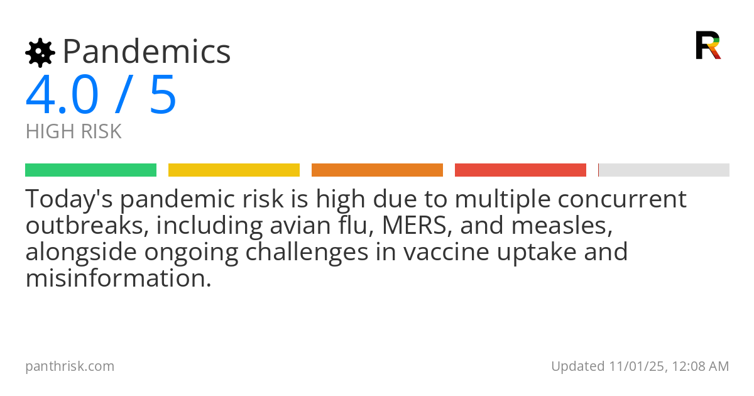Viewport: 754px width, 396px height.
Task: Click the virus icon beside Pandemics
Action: coord(40,53)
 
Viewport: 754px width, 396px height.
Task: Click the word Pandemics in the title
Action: coord(147,52)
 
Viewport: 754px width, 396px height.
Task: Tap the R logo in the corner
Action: coord(708,45)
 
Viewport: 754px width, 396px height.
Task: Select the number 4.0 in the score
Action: coord(62,96)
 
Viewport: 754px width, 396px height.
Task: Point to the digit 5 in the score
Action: coord(163,96)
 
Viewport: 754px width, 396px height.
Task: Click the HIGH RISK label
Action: coord(74,132)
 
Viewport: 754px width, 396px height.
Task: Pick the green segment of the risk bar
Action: coord(90,170)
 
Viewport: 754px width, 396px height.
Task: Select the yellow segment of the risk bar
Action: coord(234,170)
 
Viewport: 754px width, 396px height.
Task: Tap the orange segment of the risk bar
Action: coord(377,170)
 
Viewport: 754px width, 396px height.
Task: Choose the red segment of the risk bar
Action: coord(520,170)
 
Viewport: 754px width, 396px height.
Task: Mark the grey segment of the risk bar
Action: coord(664,170)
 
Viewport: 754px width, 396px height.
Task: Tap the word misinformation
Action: coord(118,278)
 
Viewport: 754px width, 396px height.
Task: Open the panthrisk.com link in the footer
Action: coord(70,366)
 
